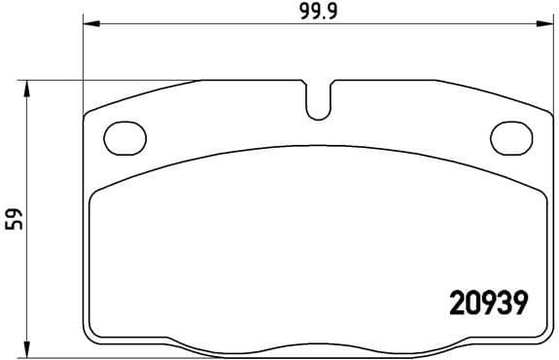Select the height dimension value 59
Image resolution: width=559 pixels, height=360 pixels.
[14, 220]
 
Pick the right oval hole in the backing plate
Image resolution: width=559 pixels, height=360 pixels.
[511, 137]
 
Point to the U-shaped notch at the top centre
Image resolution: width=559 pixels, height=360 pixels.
[319, 101]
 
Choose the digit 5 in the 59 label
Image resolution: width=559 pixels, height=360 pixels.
[14, 226]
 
